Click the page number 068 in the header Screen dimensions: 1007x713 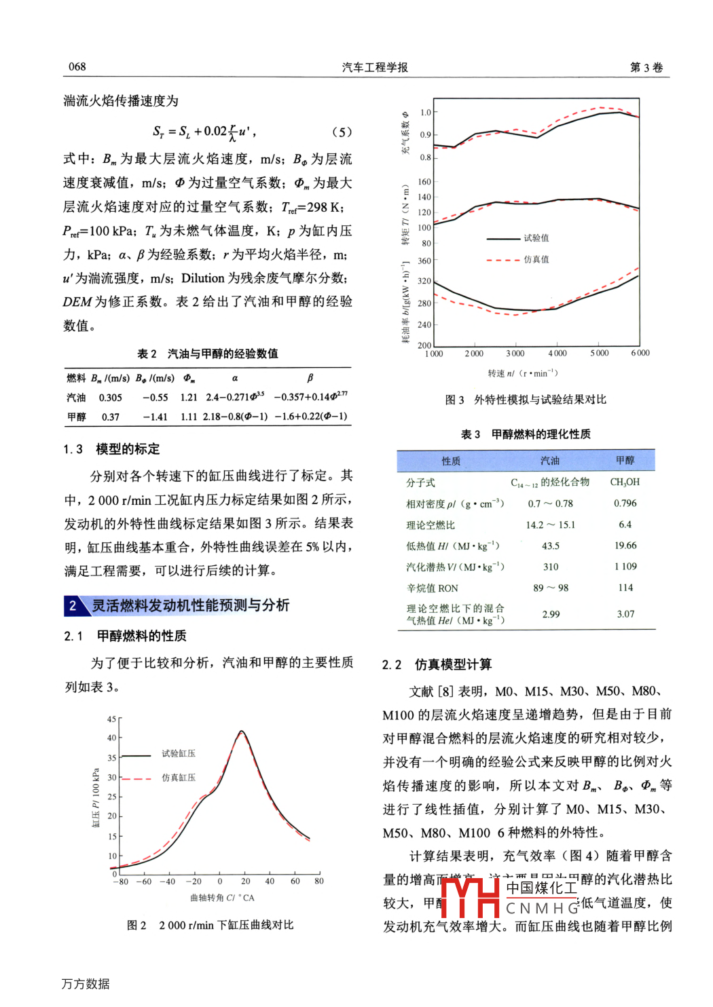(x=77, y=66)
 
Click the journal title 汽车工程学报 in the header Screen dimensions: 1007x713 (x=375, y=66)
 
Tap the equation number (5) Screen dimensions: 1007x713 (x=342, y=132)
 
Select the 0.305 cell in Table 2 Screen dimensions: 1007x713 (x=111, y=398)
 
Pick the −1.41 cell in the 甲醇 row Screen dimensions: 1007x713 (x=155, y=417)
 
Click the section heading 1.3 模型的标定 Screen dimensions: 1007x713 (x=112, y=449)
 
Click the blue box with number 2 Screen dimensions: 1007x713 (x=73, y=605)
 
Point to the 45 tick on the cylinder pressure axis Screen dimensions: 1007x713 (x=111, y=719)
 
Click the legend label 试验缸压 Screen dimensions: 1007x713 (x=178, y=753)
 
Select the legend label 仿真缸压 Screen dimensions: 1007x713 (x=178, y=778)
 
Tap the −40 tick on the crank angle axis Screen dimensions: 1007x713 (x=167, y=881)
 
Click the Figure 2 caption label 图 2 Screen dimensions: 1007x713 (x=136, y=925)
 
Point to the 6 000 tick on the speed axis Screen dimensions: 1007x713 (x=640, y=353)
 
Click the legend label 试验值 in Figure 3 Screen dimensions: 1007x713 (x=536, y=238)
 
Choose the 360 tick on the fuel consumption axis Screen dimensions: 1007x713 (x=424, y=261)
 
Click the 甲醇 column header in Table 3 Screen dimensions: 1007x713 (x=625, y=460)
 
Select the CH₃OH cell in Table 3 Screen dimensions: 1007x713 (x=625, y=482)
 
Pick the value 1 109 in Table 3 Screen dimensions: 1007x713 (x=625, y=567)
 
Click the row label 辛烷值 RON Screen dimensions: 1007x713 (x=432, y=588)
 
